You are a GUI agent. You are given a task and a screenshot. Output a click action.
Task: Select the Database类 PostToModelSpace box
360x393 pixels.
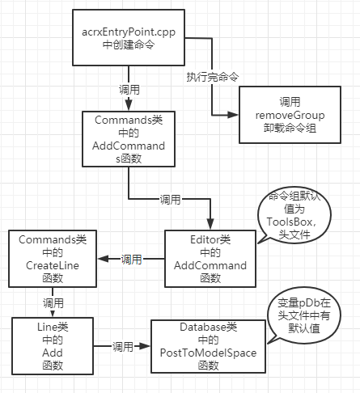coord(210,345)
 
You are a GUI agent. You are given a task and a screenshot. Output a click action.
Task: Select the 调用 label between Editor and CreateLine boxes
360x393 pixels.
coord(131,260)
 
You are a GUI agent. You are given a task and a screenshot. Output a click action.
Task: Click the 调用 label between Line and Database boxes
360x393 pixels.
coord(123,346)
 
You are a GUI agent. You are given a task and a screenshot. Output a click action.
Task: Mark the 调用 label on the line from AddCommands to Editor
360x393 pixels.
coord(170,198)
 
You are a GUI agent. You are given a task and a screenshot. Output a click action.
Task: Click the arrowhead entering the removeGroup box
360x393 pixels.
coord(236,115)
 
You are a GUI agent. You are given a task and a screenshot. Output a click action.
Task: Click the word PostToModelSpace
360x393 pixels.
coord(210,352)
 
